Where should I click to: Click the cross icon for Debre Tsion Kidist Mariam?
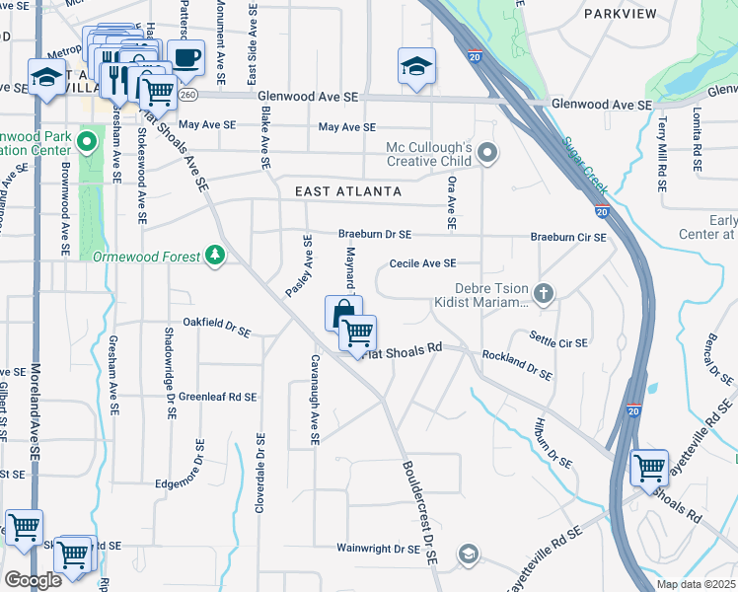coord(543,293)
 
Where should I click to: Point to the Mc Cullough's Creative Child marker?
coord(486,153)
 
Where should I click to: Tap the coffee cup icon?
coord(184,57)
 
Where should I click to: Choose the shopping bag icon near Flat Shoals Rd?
coord(341,315)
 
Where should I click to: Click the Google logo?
coord(33,580)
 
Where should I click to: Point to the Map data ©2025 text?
coord(697,584)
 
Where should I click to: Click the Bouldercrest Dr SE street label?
coord(418,511)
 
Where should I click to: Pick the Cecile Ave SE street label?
coord(422,263)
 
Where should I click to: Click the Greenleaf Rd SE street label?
coord(218,397)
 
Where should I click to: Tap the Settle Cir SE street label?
coord(558,342)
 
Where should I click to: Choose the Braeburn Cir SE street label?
coord(567,237)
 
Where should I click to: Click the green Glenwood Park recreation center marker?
coord(88,142)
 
